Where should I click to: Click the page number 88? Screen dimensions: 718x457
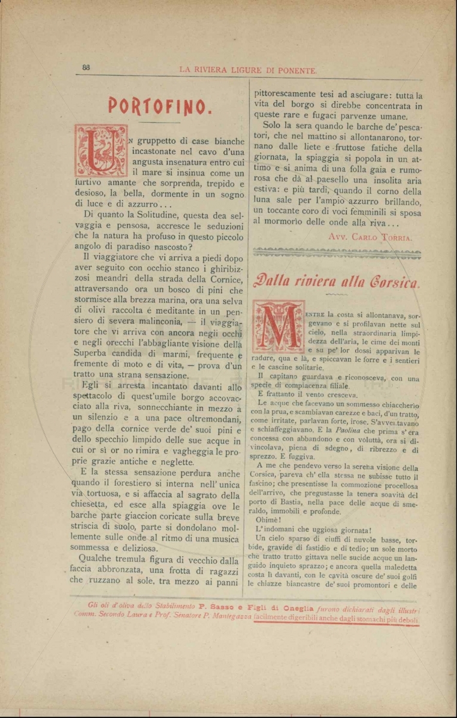(x=86, y=68)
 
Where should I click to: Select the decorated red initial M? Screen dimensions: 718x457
(x=278, y=326)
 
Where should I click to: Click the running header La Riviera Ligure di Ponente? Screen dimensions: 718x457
(x=248, y=70)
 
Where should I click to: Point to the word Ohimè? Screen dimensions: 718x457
(x=268, y=519)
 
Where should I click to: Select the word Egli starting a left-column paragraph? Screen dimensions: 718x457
(x=94, y=387)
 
